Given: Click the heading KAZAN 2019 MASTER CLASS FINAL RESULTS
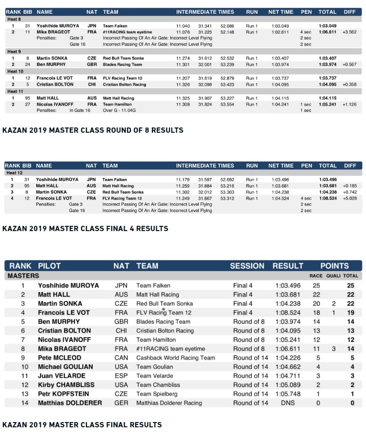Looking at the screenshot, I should pyautogui.click(x=82, y=424).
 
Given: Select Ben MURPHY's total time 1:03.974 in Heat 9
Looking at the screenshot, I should pyautogui.click(x=327, y=64).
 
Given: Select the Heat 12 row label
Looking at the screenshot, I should pyautogui.click(x=15, y=173).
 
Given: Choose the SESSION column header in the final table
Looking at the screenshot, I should pyautogui.click(x=247, y=266).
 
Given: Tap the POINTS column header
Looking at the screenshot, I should pyautogui.click(x=334, y=266).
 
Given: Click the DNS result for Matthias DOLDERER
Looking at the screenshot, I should pyautogui.click(x=288, y=403).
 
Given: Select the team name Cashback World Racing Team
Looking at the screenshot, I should pyautogui.click(x=175, y=358).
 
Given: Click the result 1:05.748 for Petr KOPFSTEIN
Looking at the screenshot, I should pyautogui.click(x=288, y=394).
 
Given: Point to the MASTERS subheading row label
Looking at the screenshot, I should pyautogui.click(x=23, y=276).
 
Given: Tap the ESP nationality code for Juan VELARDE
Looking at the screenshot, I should pyautogui.click(x=121, y=376).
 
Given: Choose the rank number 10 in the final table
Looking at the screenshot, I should pyautogui.click(x=22, y=367).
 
